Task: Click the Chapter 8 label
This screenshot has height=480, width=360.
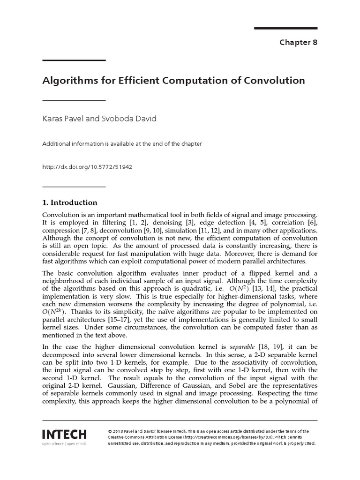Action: pos(299,42)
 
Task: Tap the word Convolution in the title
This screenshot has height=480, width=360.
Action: pos(274,80)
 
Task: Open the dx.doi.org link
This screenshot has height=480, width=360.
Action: pos(87,166)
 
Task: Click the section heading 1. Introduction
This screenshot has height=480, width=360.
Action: pos(70,202)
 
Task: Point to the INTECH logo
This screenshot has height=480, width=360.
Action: pos(65,432)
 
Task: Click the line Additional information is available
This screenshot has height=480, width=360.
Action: pos(122,144)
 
